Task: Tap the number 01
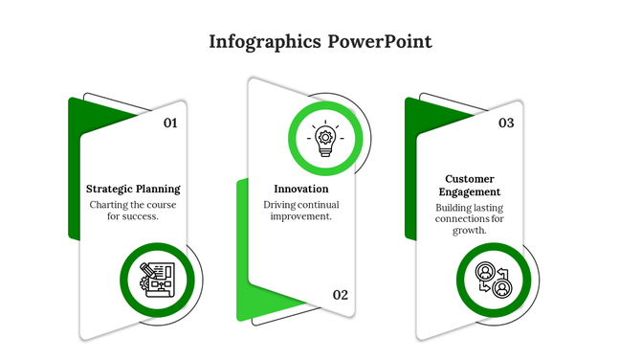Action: [170, 123]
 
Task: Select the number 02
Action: [341, 295]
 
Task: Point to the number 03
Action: [506, 123]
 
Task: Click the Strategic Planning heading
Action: [133, 189]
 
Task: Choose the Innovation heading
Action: [301, 189]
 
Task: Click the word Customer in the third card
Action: [469, 179]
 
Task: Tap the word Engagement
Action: [469, 192]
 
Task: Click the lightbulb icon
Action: [325, 140]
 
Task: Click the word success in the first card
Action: [142, 216]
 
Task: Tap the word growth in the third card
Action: [469, 231]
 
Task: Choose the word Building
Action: [454, 207]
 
